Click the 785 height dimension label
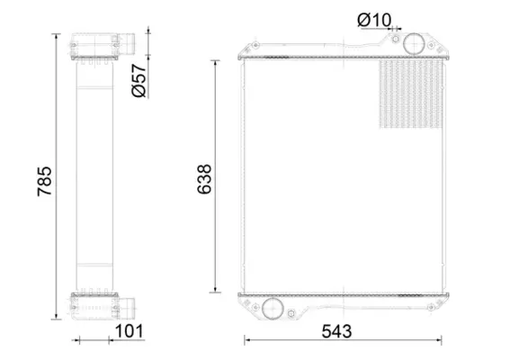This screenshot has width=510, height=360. [x=44, y=181]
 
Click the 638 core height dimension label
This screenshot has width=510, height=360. [x=204, y=179]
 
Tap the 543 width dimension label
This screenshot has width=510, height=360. [x=336, y=332]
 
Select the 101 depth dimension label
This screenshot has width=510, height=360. [x=130, y=331]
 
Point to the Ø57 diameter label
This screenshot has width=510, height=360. [x=139, y=80]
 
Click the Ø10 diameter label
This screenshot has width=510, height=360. [x=374, y=20]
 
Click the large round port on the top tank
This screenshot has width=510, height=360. [x=414, y=43]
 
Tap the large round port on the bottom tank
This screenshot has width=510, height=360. [x=273, y=308]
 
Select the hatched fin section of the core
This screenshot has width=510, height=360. [x=410, y=94]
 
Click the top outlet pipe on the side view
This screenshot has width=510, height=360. [x=128, y=44]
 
